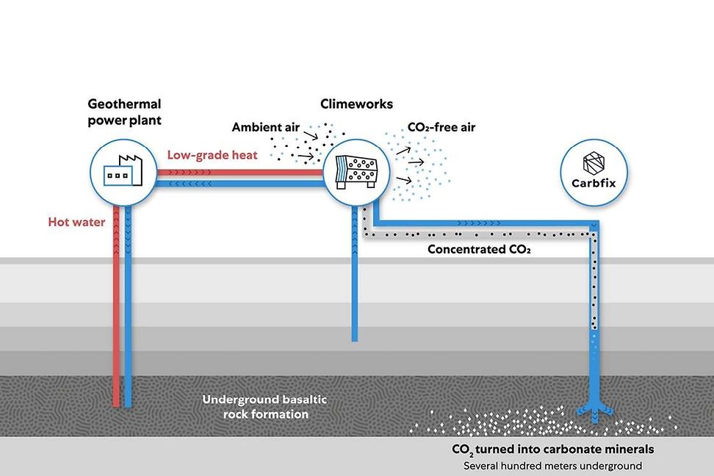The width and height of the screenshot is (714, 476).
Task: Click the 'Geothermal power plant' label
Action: (124, 112)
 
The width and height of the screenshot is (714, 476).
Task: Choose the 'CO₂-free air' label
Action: (441, 128)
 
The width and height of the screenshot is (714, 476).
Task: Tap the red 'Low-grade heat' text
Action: (212, 155)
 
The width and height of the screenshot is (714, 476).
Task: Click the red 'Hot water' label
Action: (77, 221)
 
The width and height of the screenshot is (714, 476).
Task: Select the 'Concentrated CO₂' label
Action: (479, 250)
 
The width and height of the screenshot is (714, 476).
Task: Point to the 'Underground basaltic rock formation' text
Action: (264, 407)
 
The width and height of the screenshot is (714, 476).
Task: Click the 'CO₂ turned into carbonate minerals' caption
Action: (552, 448)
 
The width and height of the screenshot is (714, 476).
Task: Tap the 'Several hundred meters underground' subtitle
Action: (552, 466)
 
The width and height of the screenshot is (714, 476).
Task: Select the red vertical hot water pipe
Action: (116, 309)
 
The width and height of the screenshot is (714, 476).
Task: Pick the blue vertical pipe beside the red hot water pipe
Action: (129, 309)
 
